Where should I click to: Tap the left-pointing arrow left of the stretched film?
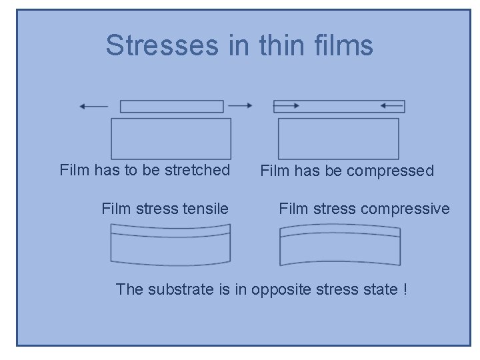(93, 105)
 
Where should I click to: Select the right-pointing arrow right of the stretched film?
(240, 105)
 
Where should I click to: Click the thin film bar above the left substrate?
(171, 106)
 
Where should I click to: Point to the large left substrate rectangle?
(171, 138)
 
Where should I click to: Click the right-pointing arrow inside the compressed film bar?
(287, 105)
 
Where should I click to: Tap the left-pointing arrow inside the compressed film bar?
(392, 105)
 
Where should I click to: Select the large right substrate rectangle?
(338, 138)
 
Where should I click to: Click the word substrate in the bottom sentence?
(176, 290)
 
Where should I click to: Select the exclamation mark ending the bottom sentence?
(405, 290)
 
